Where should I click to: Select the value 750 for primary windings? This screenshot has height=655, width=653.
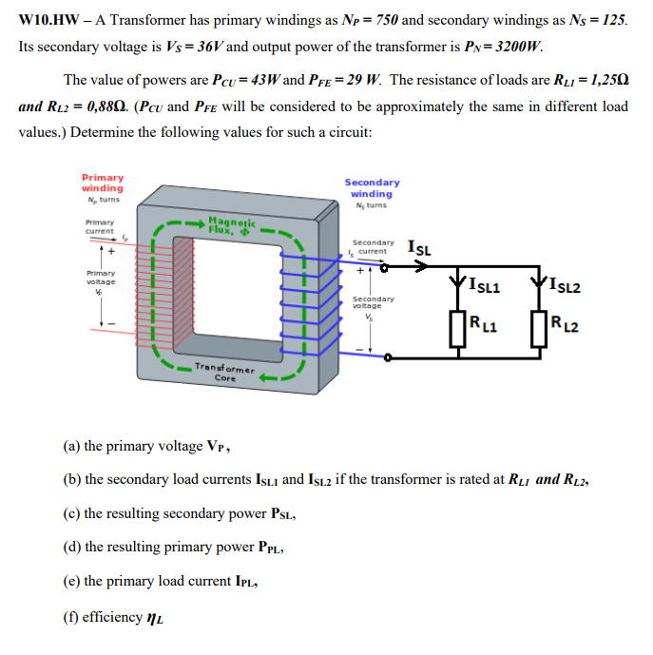(x=382, y=20)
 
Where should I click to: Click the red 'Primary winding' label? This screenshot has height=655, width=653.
(x=102, y=183)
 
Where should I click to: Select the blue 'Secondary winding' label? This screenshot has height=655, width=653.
(x=372, y=188)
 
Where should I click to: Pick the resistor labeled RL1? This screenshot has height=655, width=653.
(x=461, y=328)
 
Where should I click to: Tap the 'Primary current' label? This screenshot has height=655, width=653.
(x=100, y=228)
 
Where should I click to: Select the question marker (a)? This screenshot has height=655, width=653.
(x=71, y=445)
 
